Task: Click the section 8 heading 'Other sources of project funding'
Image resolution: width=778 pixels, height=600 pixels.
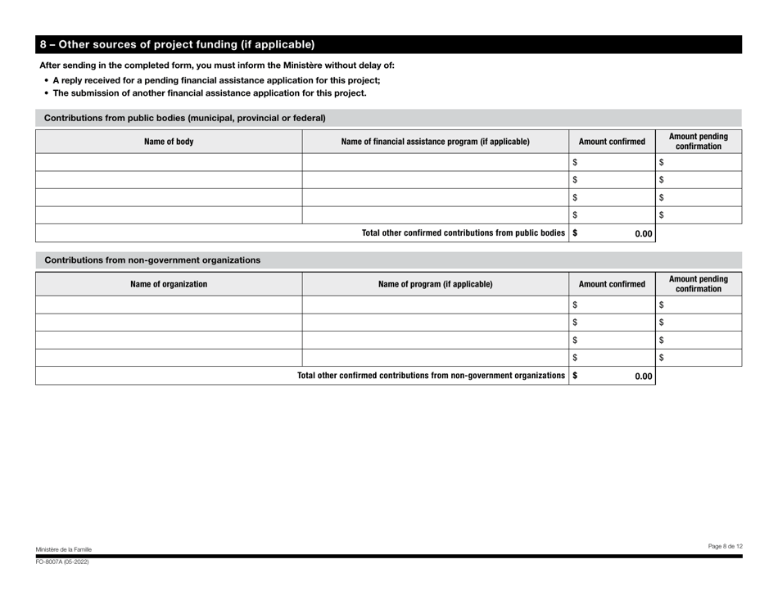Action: [177, 44]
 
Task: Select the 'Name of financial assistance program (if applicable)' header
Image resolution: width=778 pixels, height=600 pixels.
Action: [435, 142]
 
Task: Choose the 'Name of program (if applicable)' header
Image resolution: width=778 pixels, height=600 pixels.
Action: [435, 285]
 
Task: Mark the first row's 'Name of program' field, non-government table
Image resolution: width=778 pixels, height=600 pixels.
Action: [435, 305]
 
